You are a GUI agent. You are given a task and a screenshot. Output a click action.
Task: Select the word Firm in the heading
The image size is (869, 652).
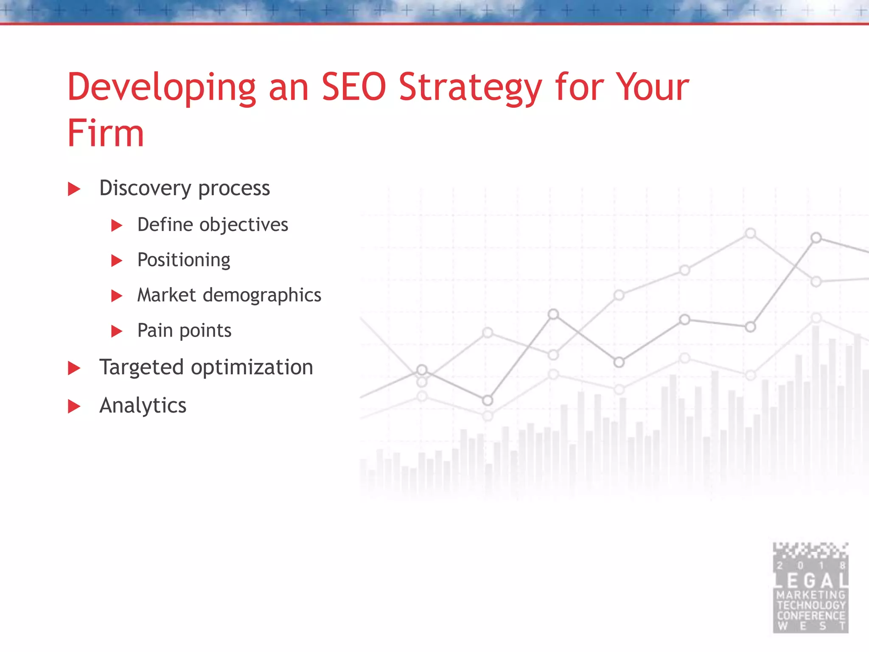tap(106, 133)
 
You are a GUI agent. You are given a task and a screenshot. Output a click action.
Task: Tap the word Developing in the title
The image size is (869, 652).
tap(161, 88)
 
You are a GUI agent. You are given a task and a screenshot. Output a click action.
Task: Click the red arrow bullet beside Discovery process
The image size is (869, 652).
tap(74, 189)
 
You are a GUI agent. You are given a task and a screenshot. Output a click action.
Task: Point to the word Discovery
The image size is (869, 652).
tap(145, 188)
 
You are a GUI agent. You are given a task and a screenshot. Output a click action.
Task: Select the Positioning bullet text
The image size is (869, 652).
tap(184, 260)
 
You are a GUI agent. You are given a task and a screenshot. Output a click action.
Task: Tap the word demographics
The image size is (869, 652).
tap(262, 295)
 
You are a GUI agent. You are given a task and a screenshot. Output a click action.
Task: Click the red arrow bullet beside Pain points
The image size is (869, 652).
tap(117, 331)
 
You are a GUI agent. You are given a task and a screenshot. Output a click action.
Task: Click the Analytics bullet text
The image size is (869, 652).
tap(143, 405)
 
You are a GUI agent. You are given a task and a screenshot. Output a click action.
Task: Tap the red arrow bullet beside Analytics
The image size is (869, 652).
tap(74, 406)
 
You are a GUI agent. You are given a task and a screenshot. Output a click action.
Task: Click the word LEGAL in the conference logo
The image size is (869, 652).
tap(811, 581)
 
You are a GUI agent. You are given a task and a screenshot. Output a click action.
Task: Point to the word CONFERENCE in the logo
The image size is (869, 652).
tap(811, 615)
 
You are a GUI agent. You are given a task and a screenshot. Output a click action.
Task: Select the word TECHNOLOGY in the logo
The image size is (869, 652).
tap(811, 605)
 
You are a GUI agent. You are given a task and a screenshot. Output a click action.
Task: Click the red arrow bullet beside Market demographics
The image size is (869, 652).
tap(117, 296)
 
